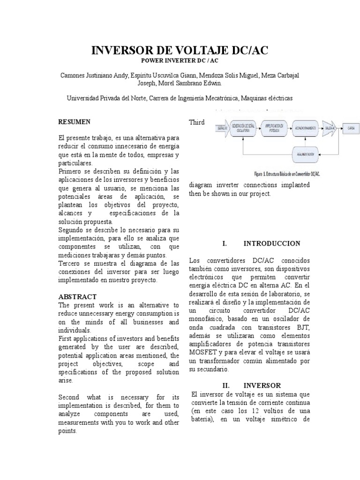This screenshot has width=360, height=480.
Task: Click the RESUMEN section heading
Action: click(74, 122)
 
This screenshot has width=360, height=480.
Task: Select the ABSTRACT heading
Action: click(77, 297)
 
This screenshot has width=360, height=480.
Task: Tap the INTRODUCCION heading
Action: click(272, 244)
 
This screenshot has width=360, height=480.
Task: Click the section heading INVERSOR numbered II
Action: click(264, 385)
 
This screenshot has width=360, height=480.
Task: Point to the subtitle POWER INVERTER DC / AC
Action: click(180, 61)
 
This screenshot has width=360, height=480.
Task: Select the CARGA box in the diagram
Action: click(351, 127)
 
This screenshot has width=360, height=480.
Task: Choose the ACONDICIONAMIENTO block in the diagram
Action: click(305, 127)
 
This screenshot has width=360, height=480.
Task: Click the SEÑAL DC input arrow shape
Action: click(222, 127)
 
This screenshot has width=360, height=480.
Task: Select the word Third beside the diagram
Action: click(197, 122)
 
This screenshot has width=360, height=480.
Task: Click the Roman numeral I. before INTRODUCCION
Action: click(225, 244)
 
